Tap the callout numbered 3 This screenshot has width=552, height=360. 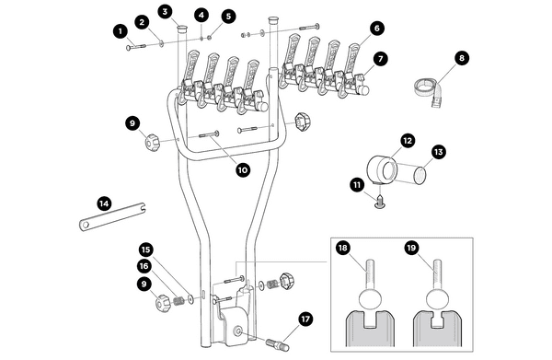[x=165, y=11]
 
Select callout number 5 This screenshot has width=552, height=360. [x=228, y=17]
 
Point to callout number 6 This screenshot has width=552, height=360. [x=377, y=29]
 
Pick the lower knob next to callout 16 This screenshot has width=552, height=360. [x=167, y=302]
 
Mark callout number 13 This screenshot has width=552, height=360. [x=439, y=151]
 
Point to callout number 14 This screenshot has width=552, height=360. [x=104, y=203]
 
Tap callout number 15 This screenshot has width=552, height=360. [x=145, y=249]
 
